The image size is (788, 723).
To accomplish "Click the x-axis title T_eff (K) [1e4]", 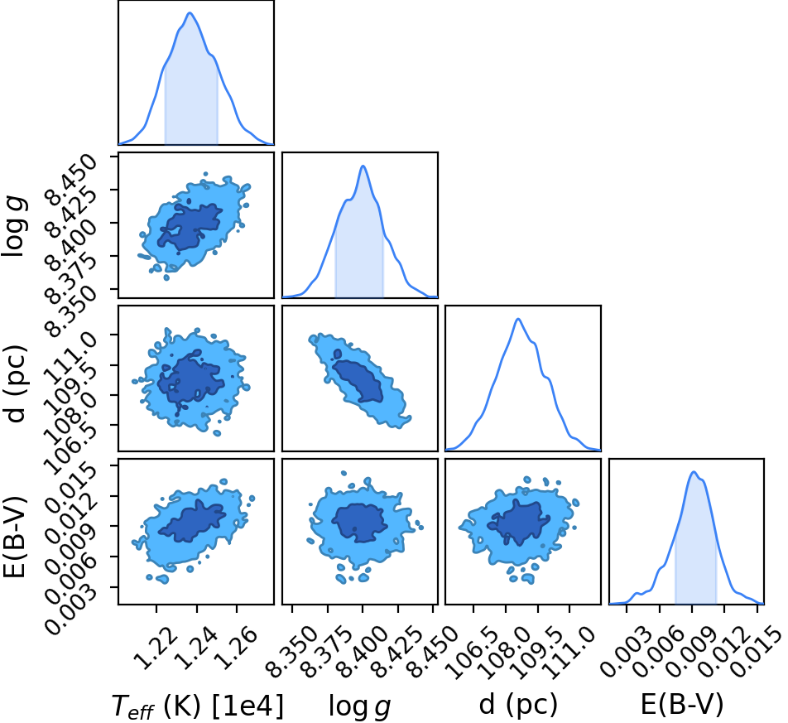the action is point(197,706).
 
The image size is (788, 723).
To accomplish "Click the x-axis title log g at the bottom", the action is point(359,706).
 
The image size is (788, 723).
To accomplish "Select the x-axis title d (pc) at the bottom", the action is point(518,705).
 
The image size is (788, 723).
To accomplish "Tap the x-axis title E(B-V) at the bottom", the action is point(681,704).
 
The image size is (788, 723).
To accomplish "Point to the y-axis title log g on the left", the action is point(14,228).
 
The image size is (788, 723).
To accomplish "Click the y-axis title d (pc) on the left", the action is point(15,384).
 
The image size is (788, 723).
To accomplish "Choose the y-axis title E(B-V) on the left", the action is point(14,537).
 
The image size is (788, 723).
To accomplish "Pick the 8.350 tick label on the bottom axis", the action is point(291,653).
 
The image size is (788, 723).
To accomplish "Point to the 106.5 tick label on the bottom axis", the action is point(473,653).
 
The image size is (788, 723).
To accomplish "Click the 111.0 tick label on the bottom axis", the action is point(569,653).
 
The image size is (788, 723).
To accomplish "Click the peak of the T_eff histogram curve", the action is point(190,12).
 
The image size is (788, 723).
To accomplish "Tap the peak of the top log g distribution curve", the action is point(363,166).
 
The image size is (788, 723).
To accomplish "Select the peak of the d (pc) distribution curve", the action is point(518,319).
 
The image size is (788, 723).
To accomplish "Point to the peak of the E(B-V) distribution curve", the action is point(694,471).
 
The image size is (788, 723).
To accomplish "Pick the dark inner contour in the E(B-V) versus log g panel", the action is point(359,523).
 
